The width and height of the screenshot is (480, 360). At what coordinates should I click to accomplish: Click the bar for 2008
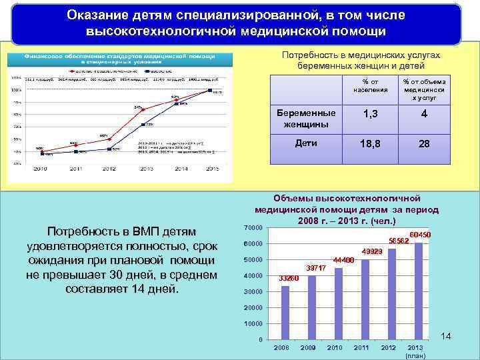pyautogui.click(x=285, y=313)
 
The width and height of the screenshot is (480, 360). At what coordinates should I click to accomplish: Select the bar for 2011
pyautogui.click(x=365, y=299)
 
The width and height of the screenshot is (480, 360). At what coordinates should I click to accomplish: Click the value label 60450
pyautogui.click(x=420, y=235)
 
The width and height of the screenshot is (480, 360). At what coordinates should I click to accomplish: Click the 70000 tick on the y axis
pyautogui.click(x=254, y=228)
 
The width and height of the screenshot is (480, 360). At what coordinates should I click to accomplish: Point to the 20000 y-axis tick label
pyautogui.click(x=254, y=308)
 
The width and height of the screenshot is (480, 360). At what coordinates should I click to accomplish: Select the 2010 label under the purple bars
pyautogui.click(x=335, y=348)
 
